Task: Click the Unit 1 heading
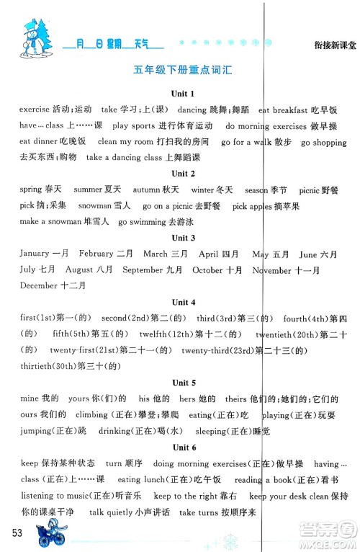click(x=179, y=94)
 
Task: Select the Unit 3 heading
click(x=179, y=238)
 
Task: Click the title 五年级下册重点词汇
click(x=179, y=71)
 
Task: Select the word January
click(x=33, y=254)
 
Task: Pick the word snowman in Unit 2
click(x=94, y=205)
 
